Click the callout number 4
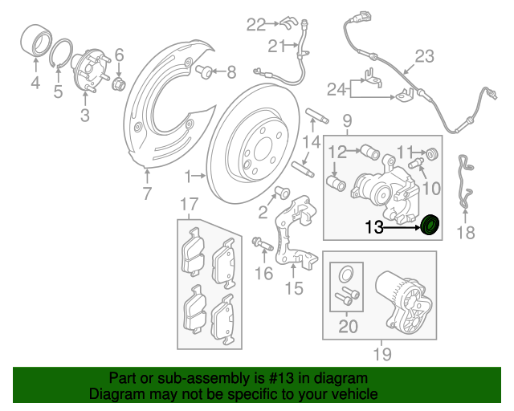click(35, 84)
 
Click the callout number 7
click(147, 193)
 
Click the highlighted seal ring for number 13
click(430, 226)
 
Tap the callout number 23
click(423, 56)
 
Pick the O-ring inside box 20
click(345, 271)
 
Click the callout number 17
click(188, 204)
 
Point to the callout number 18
click(466, 233)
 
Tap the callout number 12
click(337, 150)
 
